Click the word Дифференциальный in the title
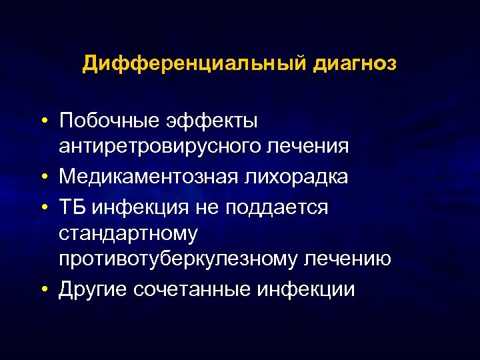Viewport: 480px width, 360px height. [x=191, y=64]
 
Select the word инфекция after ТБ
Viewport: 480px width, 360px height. [x=138, y=207]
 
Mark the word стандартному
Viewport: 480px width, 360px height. [x=128, y=233]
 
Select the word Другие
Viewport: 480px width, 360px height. [x=93, y=289]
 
